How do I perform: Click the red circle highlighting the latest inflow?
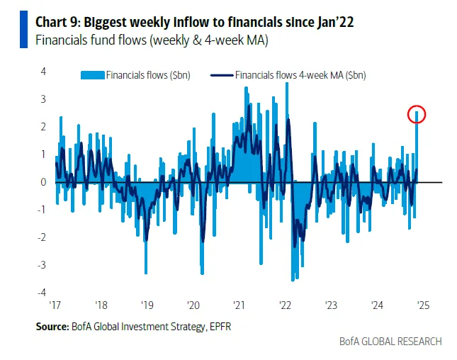click(x=417, y=114)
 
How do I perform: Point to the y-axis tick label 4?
click(x=44, y=72)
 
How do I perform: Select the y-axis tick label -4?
click(x=43, y=292)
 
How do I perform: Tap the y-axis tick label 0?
click(x=44, y=182)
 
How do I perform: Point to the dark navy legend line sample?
click(x=222, y=74)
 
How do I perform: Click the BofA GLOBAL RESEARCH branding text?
click(x=390, y=341)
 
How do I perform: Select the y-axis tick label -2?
click(x=43, y=237)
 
